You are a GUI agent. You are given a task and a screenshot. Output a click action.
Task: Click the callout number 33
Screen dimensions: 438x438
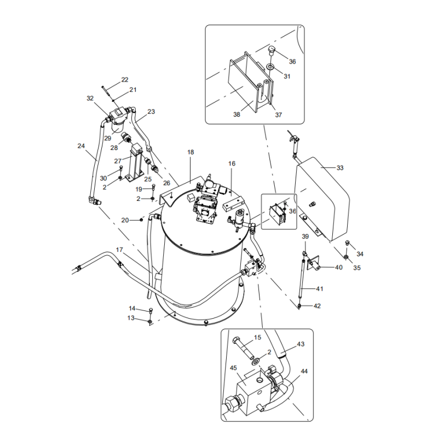[340, 168]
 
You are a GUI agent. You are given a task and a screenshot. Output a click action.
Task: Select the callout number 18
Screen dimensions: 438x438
[191, 152]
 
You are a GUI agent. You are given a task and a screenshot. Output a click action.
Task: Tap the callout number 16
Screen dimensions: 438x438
[232, 164]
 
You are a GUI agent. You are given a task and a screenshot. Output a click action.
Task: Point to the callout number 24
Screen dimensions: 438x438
[81, 146]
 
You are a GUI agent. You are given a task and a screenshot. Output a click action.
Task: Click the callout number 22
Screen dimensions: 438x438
[125, 80]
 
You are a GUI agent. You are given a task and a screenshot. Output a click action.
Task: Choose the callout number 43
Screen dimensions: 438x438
[301, 344]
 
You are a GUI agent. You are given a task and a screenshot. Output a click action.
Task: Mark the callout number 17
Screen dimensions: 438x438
[119, 250]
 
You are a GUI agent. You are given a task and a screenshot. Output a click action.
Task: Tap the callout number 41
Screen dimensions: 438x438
[320, 289]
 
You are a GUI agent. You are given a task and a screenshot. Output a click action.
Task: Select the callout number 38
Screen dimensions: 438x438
[237, 115]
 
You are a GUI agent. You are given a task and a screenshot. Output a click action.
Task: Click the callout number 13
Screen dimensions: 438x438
[131, 318]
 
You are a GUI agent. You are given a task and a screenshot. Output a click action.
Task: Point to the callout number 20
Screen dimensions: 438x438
[125, 220]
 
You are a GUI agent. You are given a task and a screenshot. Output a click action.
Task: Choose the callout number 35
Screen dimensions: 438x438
[357, 268]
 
